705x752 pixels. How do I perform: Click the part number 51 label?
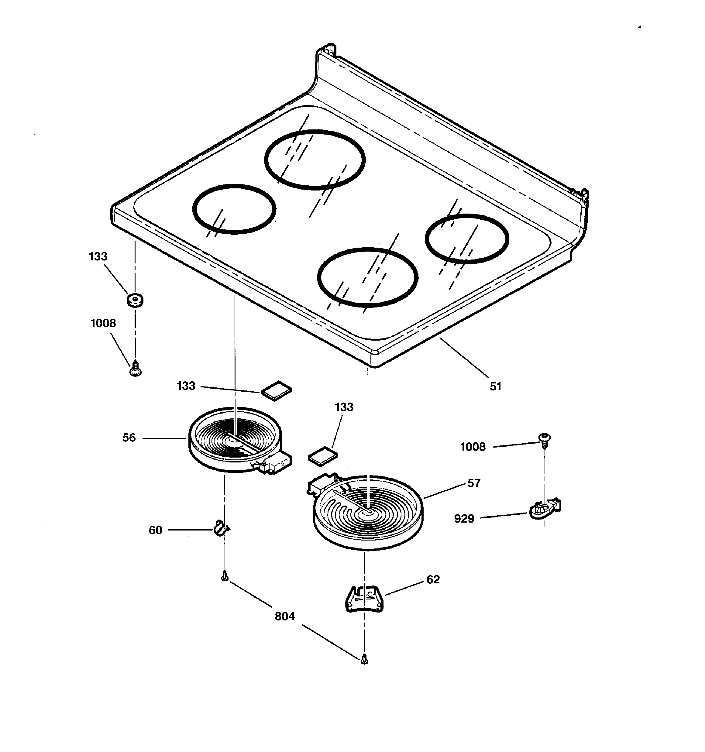[495, 386]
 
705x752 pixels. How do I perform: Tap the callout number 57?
[474, 483]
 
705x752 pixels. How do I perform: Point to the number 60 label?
[155, 530]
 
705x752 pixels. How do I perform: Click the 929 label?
[464, 519]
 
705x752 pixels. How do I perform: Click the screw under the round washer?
[136, 369]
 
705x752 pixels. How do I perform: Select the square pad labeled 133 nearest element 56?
[277, 390]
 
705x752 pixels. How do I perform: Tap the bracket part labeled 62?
[364, 599]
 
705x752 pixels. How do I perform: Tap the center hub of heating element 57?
[366, 511]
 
